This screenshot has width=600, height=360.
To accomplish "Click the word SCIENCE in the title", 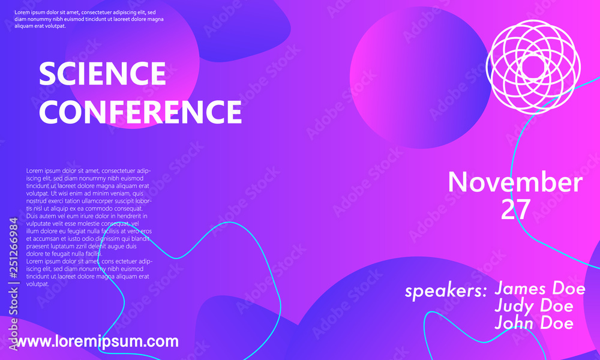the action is [x=102, y=73].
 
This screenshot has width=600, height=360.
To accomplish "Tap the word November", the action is [x=515, y=182].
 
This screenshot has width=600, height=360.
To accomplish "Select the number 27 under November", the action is [x=515, y=209].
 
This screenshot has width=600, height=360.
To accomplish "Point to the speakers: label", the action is [x=446, y=292].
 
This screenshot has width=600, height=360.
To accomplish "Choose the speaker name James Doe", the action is [x=540, y=288].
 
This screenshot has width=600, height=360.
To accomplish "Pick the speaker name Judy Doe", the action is [x=534, y=305].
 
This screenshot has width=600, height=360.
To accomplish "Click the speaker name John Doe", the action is [x=534, y=323].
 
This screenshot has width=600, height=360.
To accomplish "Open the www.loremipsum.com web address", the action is [x=97, y=341].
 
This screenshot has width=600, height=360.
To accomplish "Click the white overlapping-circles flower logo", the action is [x=533, y=67].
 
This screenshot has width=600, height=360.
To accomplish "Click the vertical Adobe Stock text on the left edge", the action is [x=13, y=318].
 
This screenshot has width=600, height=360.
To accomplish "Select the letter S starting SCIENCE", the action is [x=47, y=73].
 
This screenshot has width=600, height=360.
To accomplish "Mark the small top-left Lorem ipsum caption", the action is [x=89, y=19].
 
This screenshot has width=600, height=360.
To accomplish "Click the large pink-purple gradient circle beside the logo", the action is [x=420, y=77].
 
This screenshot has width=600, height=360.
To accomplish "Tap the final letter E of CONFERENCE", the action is [x=233, y=112].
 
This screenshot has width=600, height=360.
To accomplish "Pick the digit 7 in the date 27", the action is [x=523, y=209].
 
